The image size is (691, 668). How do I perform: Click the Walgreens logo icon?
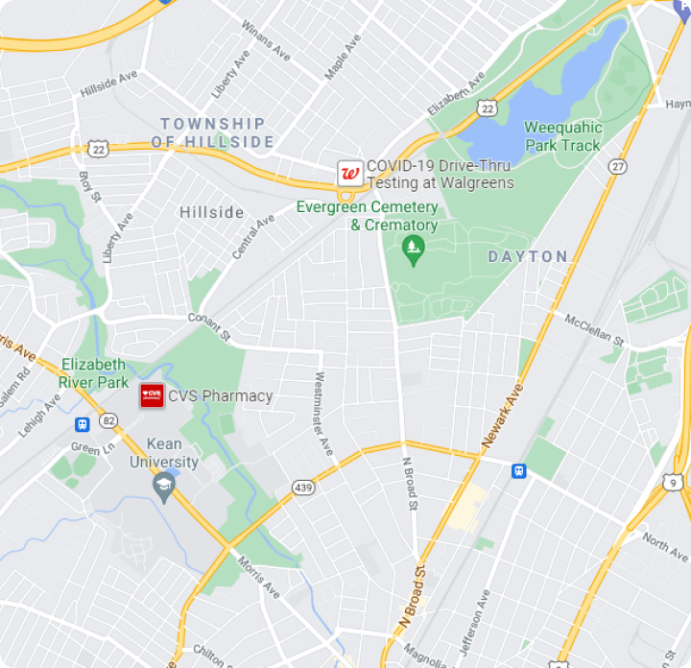[349, 174]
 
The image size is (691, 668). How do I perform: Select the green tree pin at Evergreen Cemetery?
[414, 250]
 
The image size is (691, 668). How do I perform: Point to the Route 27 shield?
[617, 167]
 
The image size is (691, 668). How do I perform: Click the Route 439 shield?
[304, 489]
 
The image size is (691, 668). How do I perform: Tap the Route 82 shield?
[107, 420]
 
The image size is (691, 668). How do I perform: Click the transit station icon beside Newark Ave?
[519, 470]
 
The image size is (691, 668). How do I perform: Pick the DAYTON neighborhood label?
[528, 256]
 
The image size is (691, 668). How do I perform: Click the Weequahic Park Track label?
[563, 136]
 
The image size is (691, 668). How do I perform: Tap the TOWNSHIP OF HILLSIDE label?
[213, 132]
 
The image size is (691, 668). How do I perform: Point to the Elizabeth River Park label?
[93, 373]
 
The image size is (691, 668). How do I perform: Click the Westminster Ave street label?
[323, 413]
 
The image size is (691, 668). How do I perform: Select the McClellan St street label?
[594, 329]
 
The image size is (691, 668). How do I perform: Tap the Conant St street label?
[209, 326]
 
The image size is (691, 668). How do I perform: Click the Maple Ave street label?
[342, 58]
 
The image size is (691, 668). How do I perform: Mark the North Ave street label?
[665, 542]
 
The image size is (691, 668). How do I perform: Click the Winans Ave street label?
[266, 40]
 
